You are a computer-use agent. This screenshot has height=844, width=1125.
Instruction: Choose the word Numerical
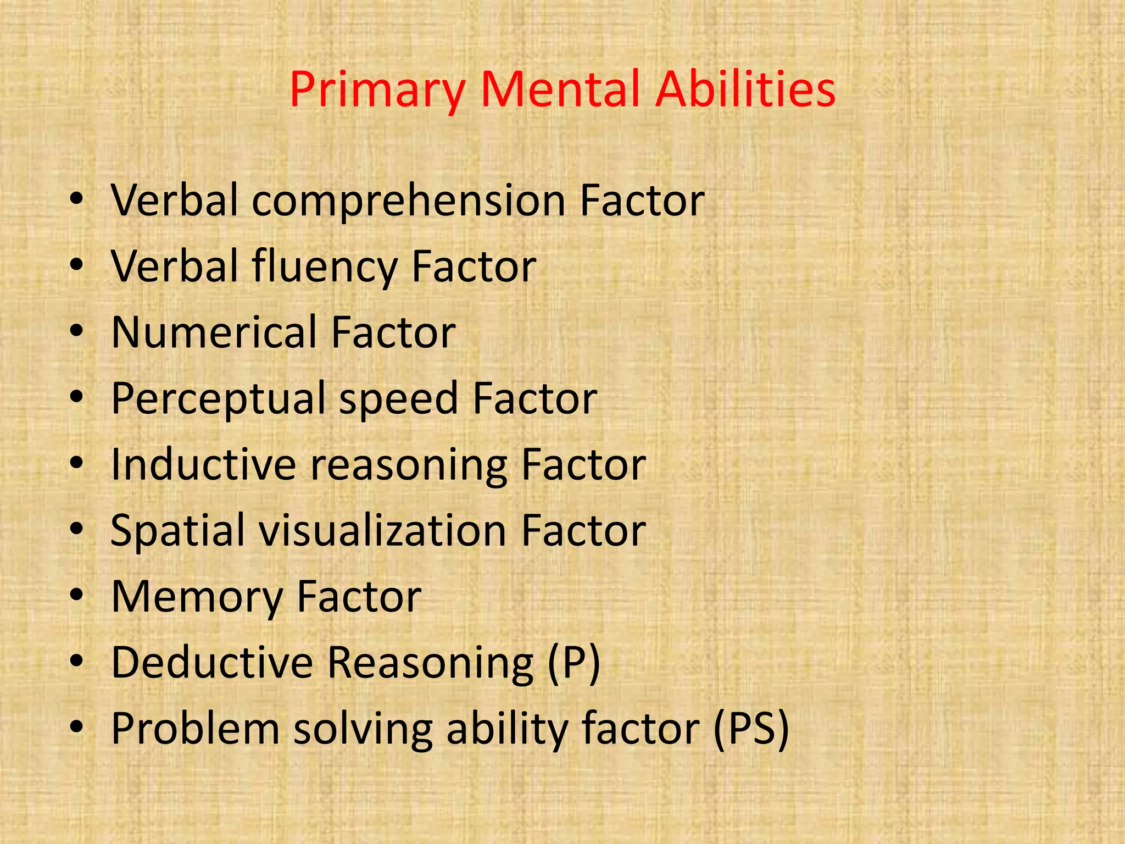(x=214, y=332)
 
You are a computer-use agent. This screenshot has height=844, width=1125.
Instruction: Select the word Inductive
(x=203, y=465)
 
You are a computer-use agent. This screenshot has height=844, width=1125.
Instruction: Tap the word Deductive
(x=212, y=663)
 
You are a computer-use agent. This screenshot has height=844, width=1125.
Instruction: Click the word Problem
(x=195, y=729)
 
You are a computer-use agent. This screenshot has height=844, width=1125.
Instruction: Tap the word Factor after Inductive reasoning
(x=583, y=465)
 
